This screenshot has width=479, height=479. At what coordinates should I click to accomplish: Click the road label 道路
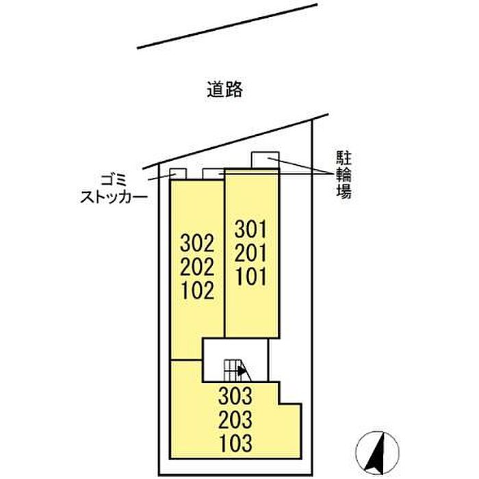225,90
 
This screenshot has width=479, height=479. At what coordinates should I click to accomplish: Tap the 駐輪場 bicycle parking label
344,174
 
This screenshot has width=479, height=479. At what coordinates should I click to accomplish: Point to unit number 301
250,229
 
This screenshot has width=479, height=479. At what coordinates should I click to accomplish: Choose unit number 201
250,253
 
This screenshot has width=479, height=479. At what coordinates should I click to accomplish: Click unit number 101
250,276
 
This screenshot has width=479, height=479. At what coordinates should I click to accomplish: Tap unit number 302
197,243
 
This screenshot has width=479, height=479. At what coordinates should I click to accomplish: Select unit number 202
197,267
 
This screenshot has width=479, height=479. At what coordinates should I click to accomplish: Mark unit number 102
197,290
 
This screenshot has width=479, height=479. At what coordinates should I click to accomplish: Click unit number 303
235,396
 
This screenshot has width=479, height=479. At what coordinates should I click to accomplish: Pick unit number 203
235,419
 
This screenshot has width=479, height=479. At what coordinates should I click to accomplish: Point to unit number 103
235,443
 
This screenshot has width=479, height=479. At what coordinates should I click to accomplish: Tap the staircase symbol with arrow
237,371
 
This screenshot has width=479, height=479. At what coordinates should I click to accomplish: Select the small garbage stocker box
178,174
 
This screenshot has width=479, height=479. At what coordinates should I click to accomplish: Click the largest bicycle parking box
266,159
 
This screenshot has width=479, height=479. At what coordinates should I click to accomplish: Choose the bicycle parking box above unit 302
213,174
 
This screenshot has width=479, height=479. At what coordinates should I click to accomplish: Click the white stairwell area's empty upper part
235,348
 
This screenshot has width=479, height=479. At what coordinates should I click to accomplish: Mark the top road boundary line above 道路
227,26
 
